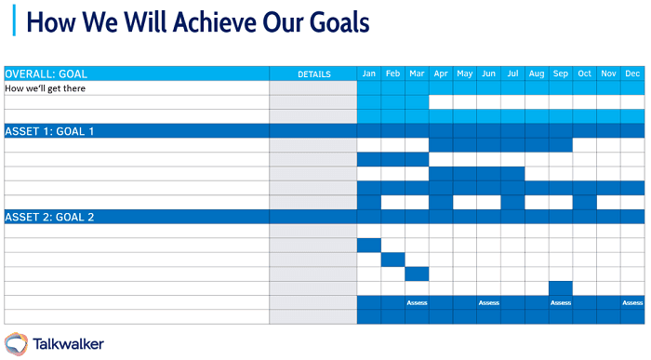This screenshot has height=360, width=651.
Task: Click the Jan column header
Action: [369, 73]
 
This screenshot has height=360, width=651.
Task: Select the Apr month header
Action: [441, 73]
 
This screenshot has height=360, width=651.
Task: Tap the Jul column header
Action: [512, 73]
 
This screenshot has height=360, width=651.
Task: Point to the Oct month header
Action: [584, 73]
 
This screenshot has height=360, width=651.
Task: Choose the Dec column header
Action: [632, 73]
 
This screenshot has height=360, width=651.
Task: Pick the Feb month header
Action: [392, 73]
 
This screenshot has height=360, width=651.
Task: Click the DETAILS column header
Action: [313, 73]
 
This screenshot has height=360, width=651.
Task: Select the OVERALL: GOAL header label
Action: [46, 73]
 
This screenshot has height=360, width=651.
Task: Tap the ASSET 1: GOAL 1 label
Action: [49, 131]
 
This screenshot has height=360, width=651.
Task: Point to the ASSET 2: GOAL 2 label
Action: [49, 217]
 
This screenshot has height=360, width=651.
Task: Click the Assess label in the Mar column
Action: [417, 302]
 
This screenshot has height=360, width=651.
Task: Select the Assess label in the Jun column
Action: [488, 302]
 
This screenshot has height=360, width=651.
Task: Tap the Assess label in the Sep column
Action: [560, 302]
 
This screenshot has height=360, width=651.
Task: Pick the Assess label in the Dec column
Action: [632, 302]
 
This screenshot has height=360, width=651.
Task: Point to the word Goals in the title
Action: [330, 21]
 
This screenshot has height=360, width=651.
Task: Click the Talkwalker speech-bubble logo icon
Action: [16, 343]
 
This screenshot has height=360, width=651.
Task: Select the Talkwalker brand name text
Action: [68, 344]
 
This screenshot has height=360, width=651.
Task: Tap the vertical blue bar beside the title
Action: [14, 20]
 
